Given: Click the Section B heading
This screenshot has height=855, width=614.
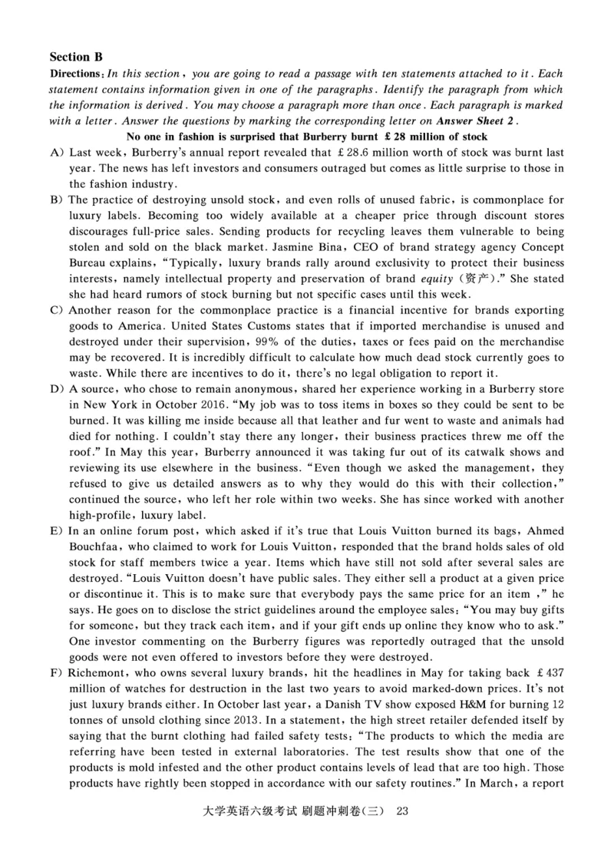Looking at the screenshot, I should click(76, 57).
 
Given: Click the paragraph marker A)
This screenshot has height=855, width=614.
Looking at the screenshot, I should click(57, 154).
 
